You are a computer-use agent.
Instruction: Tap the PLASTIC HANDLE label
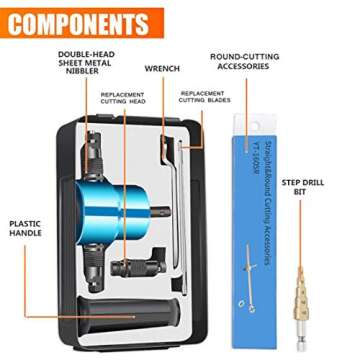(23, 229)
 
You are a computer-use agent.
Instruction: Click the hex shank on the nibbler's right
(170, 186)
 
